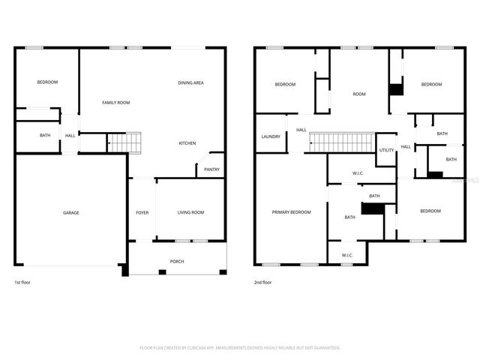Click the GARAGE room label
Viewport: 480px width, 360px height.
pyautogui.click(x=71, y=212)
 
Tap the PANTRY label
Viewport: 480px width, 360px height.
pyautogui.click(x=212, y=169)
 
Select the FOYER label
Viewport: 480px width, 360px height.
pyautogui.click(x=142, y=212)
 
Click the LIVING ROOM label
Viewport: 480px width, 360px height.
pyautogui.click(x=190, y=212)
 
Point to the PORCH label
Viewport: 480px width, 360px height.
pyautogui.click(x=177, y=261)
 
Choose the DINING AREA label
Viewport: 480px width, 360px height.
pyautogui.click(x=190, y=82)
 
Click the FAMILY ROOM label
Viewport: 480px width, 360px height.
pyautogui.click(x=116, y=102)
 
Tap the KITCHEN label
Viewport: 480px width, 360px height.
pyautogui.click(x=187, y=143)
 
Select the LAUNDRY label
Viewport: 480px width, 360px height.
pyautogui.click(x=271, y=136)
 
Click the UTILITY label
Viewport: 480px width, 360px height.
pyautogui.click(x=386, y=150)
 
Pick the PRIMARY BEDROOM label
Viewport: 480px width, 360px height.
pyautogui.click(x=291, y=212)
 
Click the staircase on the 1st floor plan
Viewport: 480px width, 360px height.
pyautogui.click(x=124, y=141)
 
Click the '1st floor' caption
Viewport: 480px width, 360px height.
pyautogui.click(x=23, y=283)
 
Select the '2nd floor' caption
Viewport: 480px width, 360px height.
pyautogui.click(x=263, y=283)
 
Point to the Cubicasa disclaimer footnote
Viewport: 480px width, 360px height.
pyautogui.click(x=240, y=348)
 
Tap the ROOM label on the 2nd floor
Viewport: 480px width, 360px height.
pyautogui.click(x=359, y=94)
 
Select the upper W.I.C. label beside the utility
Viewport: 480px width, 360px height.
pyautogui.click(x=358, y=174)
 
